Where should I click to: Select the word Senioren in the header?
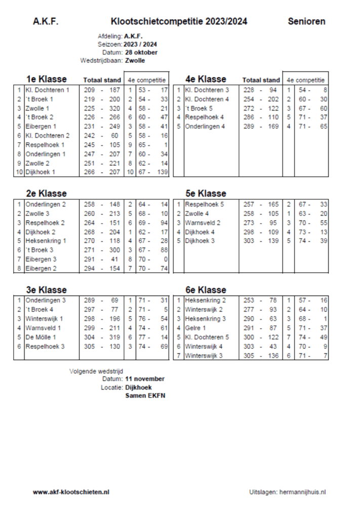tap(306, 21)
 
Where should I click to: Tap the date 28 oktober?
tap(141, 52)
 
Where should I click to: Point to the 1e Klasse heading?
tap(47, 79)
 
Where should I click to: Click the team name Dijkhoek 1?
tap(40, 172)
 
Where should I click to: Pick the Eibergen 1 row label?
tap(41, 126)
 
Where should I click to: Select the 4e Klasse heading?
tap(206, 79)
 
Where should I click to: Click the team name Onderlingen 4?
tap(206, 126)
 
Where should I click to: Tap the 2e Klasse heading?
tap(47, 193)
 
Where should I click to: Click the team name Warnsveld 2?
tap(203, 222)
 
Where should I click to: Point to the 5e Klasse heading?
tap(206, 193)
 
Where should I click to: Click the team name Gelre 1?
tap(195, 328)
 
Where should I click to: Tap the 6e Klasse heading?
tap(206, 290)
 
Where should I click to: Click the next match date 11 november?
tap(145, 379)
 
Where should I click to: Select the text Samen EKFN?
tap(145, 396)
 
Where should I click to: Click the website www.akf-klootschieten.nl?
tap(71, 492)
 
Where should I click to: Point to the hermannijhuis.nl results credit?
tap(288, 492)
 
